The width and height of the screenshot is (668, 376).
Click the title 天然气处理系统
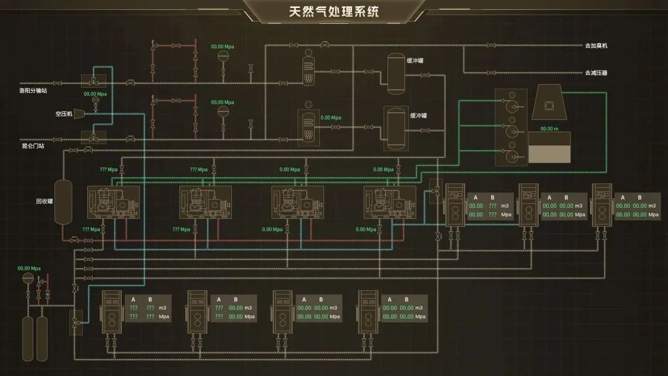pyautogui.click(x=334, y=12)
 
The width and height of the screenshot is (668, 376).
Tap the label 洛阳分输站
pyautogui.click(x=33, y=90)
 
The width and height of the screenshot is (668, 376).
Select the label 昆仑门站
pyautogui.click(x=32, y=146)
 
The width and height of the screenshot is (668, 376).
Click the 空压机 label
pyautogui.click(x=64, y=114)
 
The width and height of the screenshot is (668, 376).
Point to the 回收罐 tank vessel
pyautogui.click(x=63, y=202)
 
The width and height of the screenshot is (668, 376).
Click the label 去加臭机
pyautogui.click(x=596, y=46)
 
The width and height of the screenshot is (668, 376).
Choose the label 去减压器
pyautogui.click(x=596, y=73)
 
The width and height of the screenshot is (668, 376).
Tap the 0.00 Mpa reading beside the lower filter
pyautogui.click(x=330, y=117)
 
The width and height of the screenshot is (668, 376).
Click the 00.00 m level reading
pyautogui.click(x=549, y=129)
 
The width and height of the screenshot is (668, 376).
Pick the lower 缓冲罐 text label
pyautogui.click(x=419, y=116)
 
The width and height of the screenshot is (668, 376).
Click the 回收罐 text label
pyautogui.click(x=45, y=202)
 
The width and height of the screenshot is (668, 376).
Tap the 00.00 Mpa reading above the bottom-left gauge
pyautogui.click(x=29, y=268)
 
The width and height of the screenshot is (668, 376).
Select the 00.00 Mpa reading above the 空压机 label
pyautogui.click(x=95, y=94)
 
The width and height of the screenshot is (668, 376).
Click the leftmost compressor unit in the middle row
pyautogui.click(x=114, y=202)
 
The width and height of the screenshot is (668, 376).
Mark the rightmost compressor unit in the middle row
pyautogui.click(x=390, y=202)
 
